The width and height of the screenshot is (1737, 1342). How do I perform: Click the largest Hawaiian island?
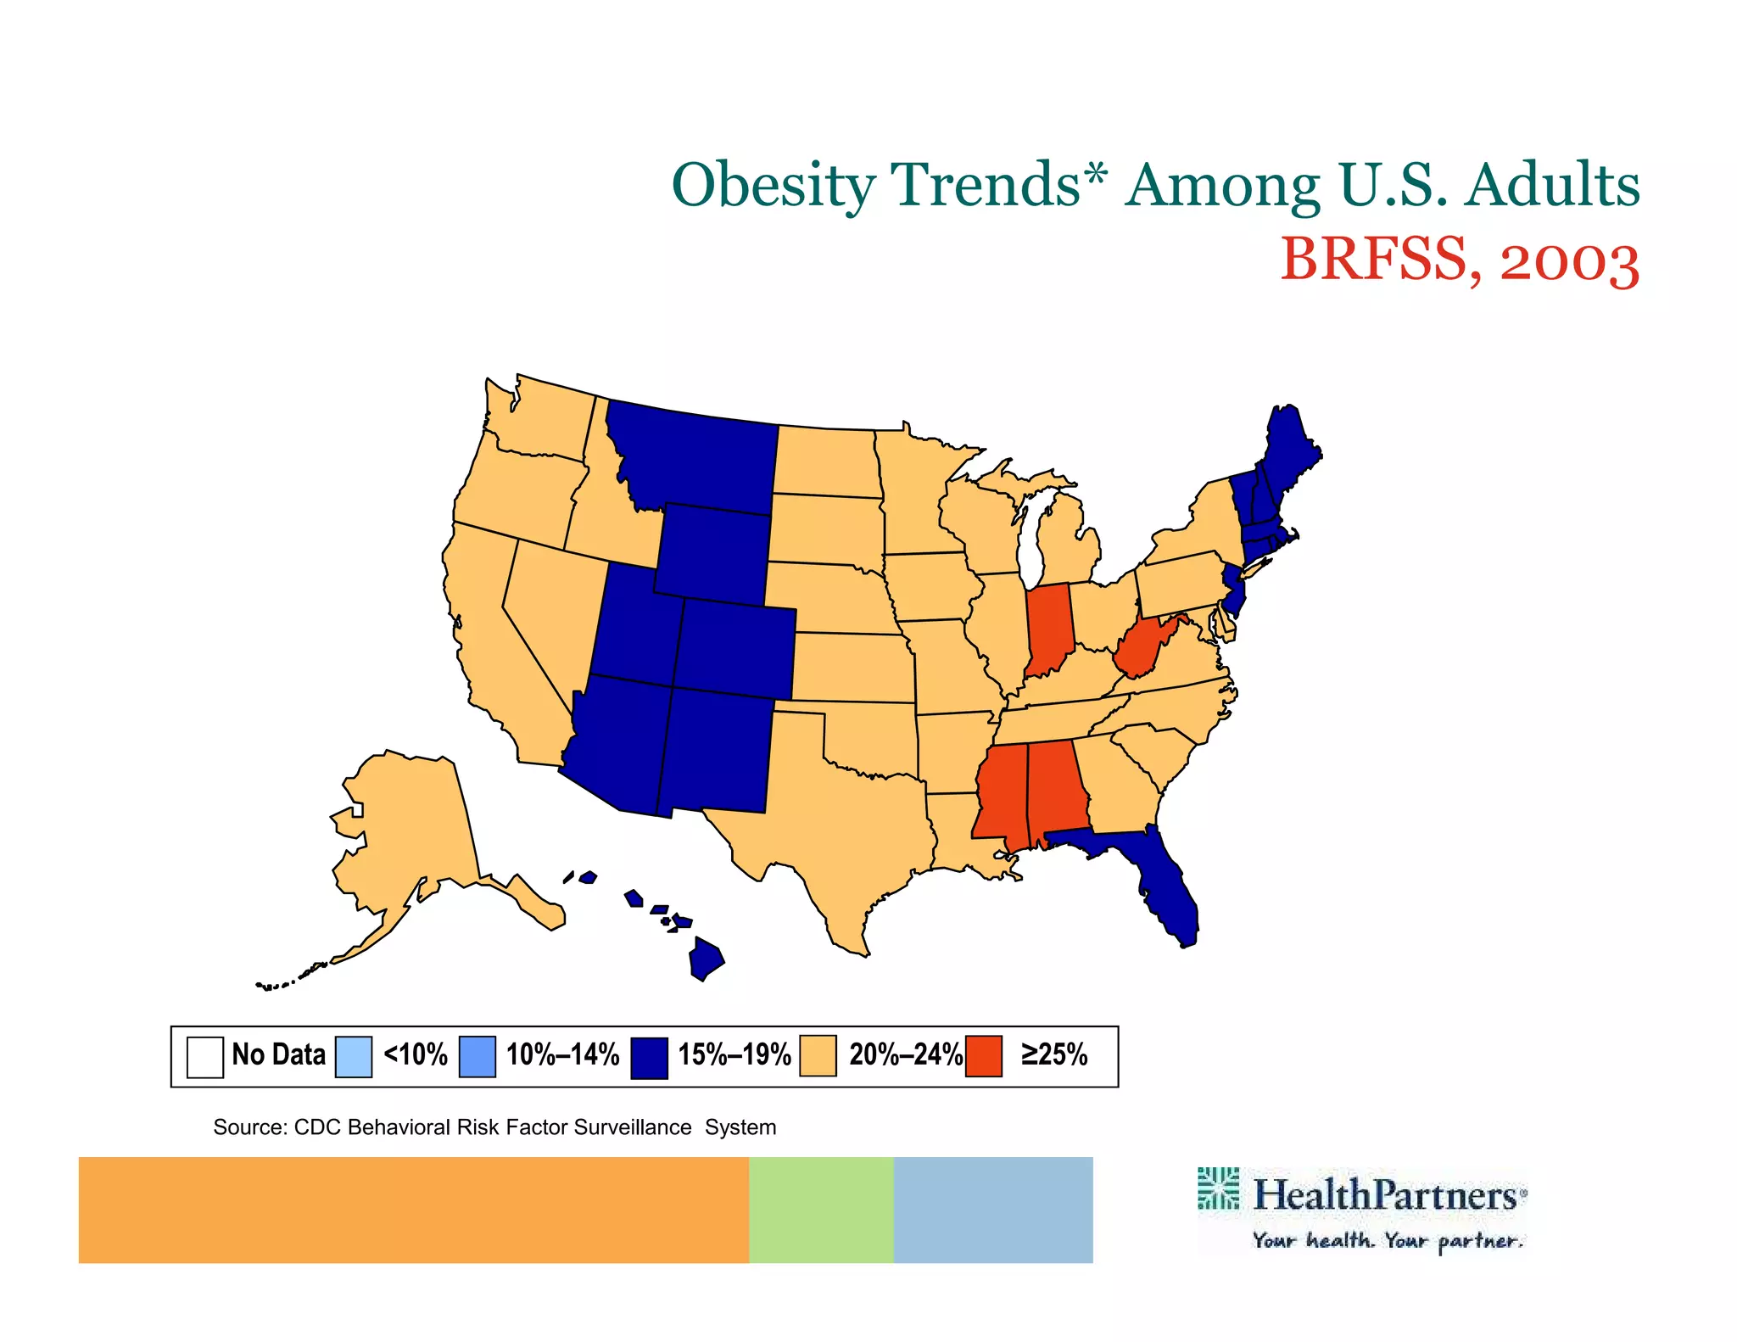[x=706, y=959]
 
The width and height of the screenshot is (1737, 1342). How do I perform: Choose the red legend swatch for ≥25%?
[x=984, y=1056]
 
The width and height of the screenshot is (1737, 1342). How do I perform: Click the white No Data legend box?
[x=205, y=1057]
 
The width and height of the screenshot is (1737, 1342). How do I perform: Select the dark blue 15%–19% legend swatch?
[x=649, y=1057]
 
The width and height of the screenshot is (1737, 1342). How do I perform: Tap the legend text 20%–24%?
[x=906, y=1054]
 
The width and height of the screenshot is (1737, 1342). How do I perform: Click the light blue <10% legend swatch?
[x=353, y=1057]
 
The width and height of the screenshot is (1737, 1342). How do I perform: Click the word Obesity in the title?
[x=774, y=185]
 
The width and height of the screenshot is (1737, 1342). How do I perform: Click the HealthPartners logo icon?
[x=1218, y=1188]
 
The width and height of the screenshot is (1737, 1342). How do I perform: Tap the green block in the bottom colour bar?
[x=820, y=1210]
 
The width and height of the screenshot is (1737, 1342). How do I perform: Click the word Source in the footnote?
[x=249, y=1127]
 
